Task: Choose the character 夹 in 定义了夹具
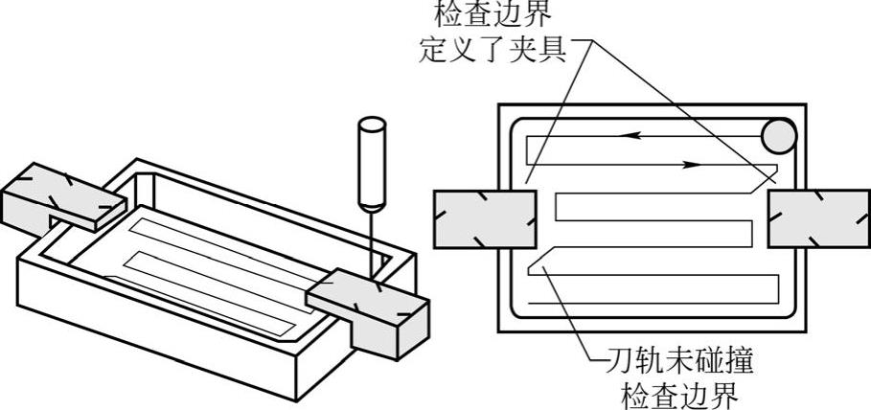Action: point(528,47)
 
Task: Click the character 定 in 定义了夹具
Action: point(434,47)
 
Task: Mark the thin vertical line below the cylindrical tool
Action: point(370,239)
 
